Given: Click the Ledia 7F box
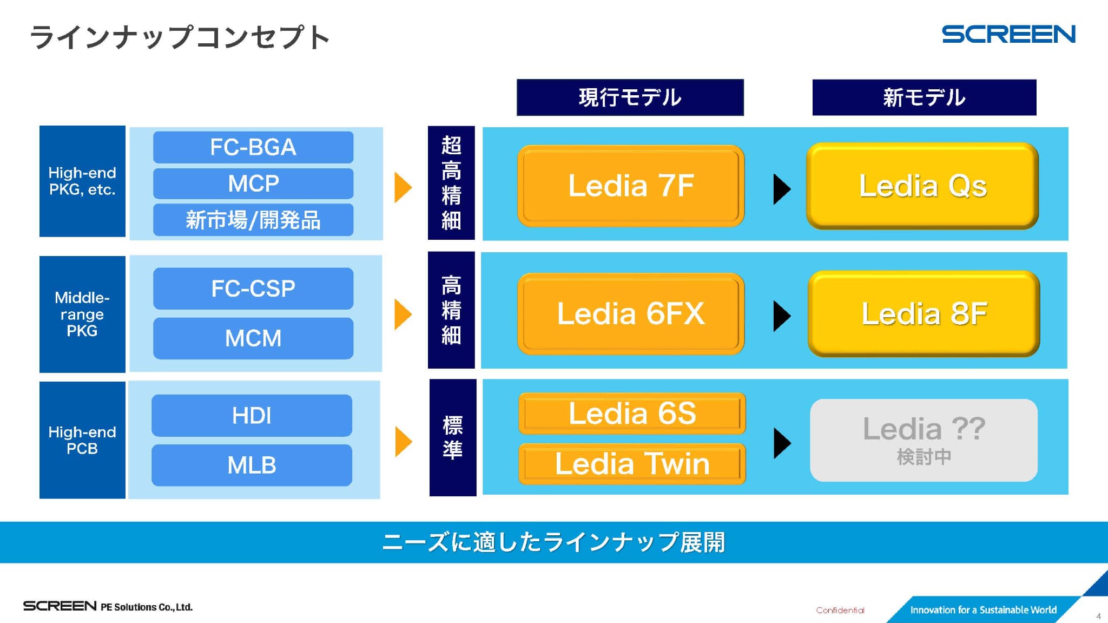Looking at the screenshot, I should pos(631,186).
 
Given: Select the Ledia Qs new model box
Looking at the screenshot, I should pos(922,186).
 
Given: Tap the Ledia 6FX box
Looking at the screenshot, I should pos(631,313).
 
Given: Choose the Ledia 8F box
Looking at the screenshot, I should pos(924,313).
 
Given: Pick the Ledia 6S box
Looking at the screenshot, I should pos(632,414).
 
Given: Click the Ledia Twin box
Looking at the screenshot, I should pos(632,464).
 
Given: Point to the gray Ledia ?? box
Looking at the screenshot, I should pos(924,440).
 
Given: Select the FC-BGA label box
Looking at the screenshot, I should pos(253,147).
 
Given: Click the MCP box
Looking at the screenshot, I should pos(253,183).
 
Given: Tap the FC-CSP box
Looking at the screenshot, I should pos(253,288).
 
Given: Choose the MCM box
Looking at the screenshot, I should pos(253,338).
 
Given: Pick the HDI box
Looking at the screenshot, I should pos(252,416).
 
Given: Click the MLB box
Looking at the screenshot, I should pos(252,465).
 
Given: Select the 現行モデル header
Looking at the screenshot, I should pos(630,97).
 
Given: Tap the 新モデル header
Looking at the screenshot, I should pos(924,97).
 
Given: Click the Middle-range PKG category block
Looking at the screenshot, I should pos(82,314).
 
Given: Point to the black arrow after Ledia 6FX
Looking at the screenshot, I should pos(782,316).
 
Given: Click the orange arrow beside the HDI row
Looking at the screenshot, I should pos(403,442).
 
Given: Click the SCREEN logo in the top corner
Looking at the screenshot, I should pos(1008,35).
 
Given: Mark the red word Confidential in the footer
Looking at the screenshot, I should pos(840,610).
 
